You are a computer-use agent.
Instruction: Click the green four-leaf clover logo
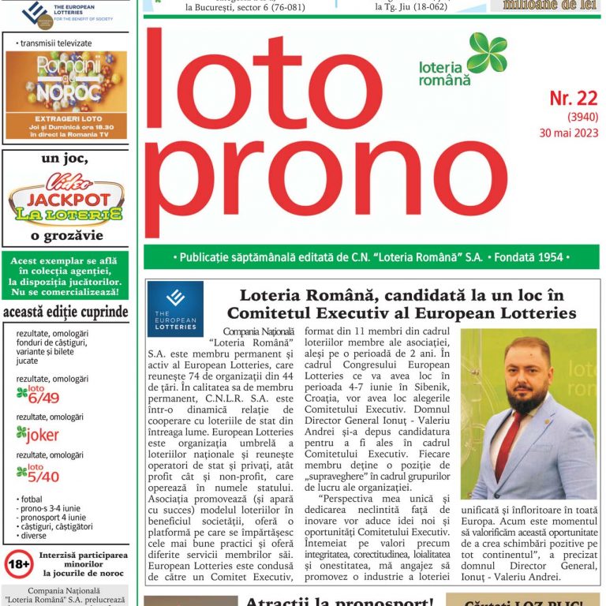[x=487, y=53]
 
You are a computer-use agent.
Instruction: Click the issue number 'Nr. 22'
[x=574, y=98]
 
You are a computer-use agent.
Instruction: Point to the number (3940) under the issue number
[x=582, y=117]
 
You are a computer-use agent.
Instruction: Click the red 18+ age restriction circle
[x=19, y=564]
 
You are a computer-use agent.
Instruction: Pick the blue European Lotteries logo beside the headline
[x=175, y=309]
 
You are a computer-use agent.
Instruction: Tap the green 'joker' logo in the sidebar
[x=38, y=435]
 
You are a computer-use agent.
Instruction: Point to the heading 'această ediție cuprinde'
[x=65, y=312]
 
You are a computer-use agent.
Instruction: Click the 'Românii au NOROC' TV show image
[x=65, y=81]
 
